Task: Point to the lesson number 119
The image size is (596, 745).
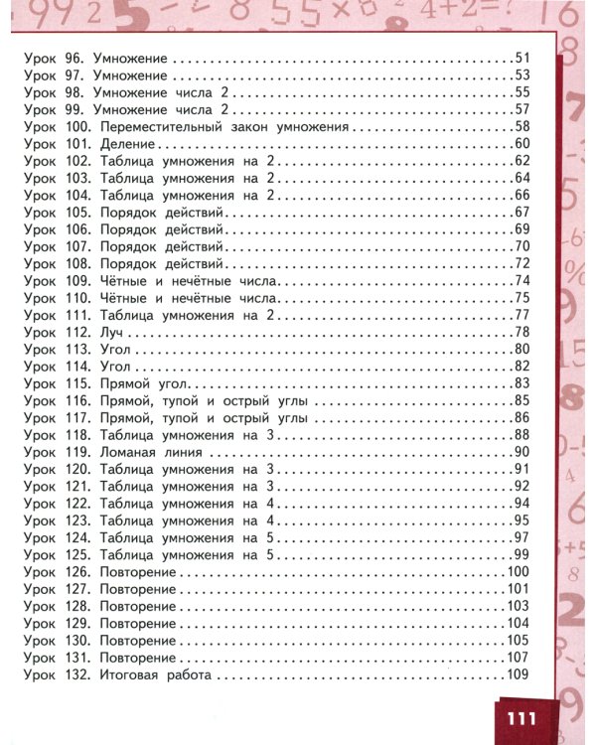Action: [x=77, y=452]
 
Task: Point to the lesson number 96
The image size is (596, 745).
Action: [x=73, y=58]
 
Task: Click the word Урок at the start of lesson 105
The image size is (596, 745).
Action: [x=39, y=213]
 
